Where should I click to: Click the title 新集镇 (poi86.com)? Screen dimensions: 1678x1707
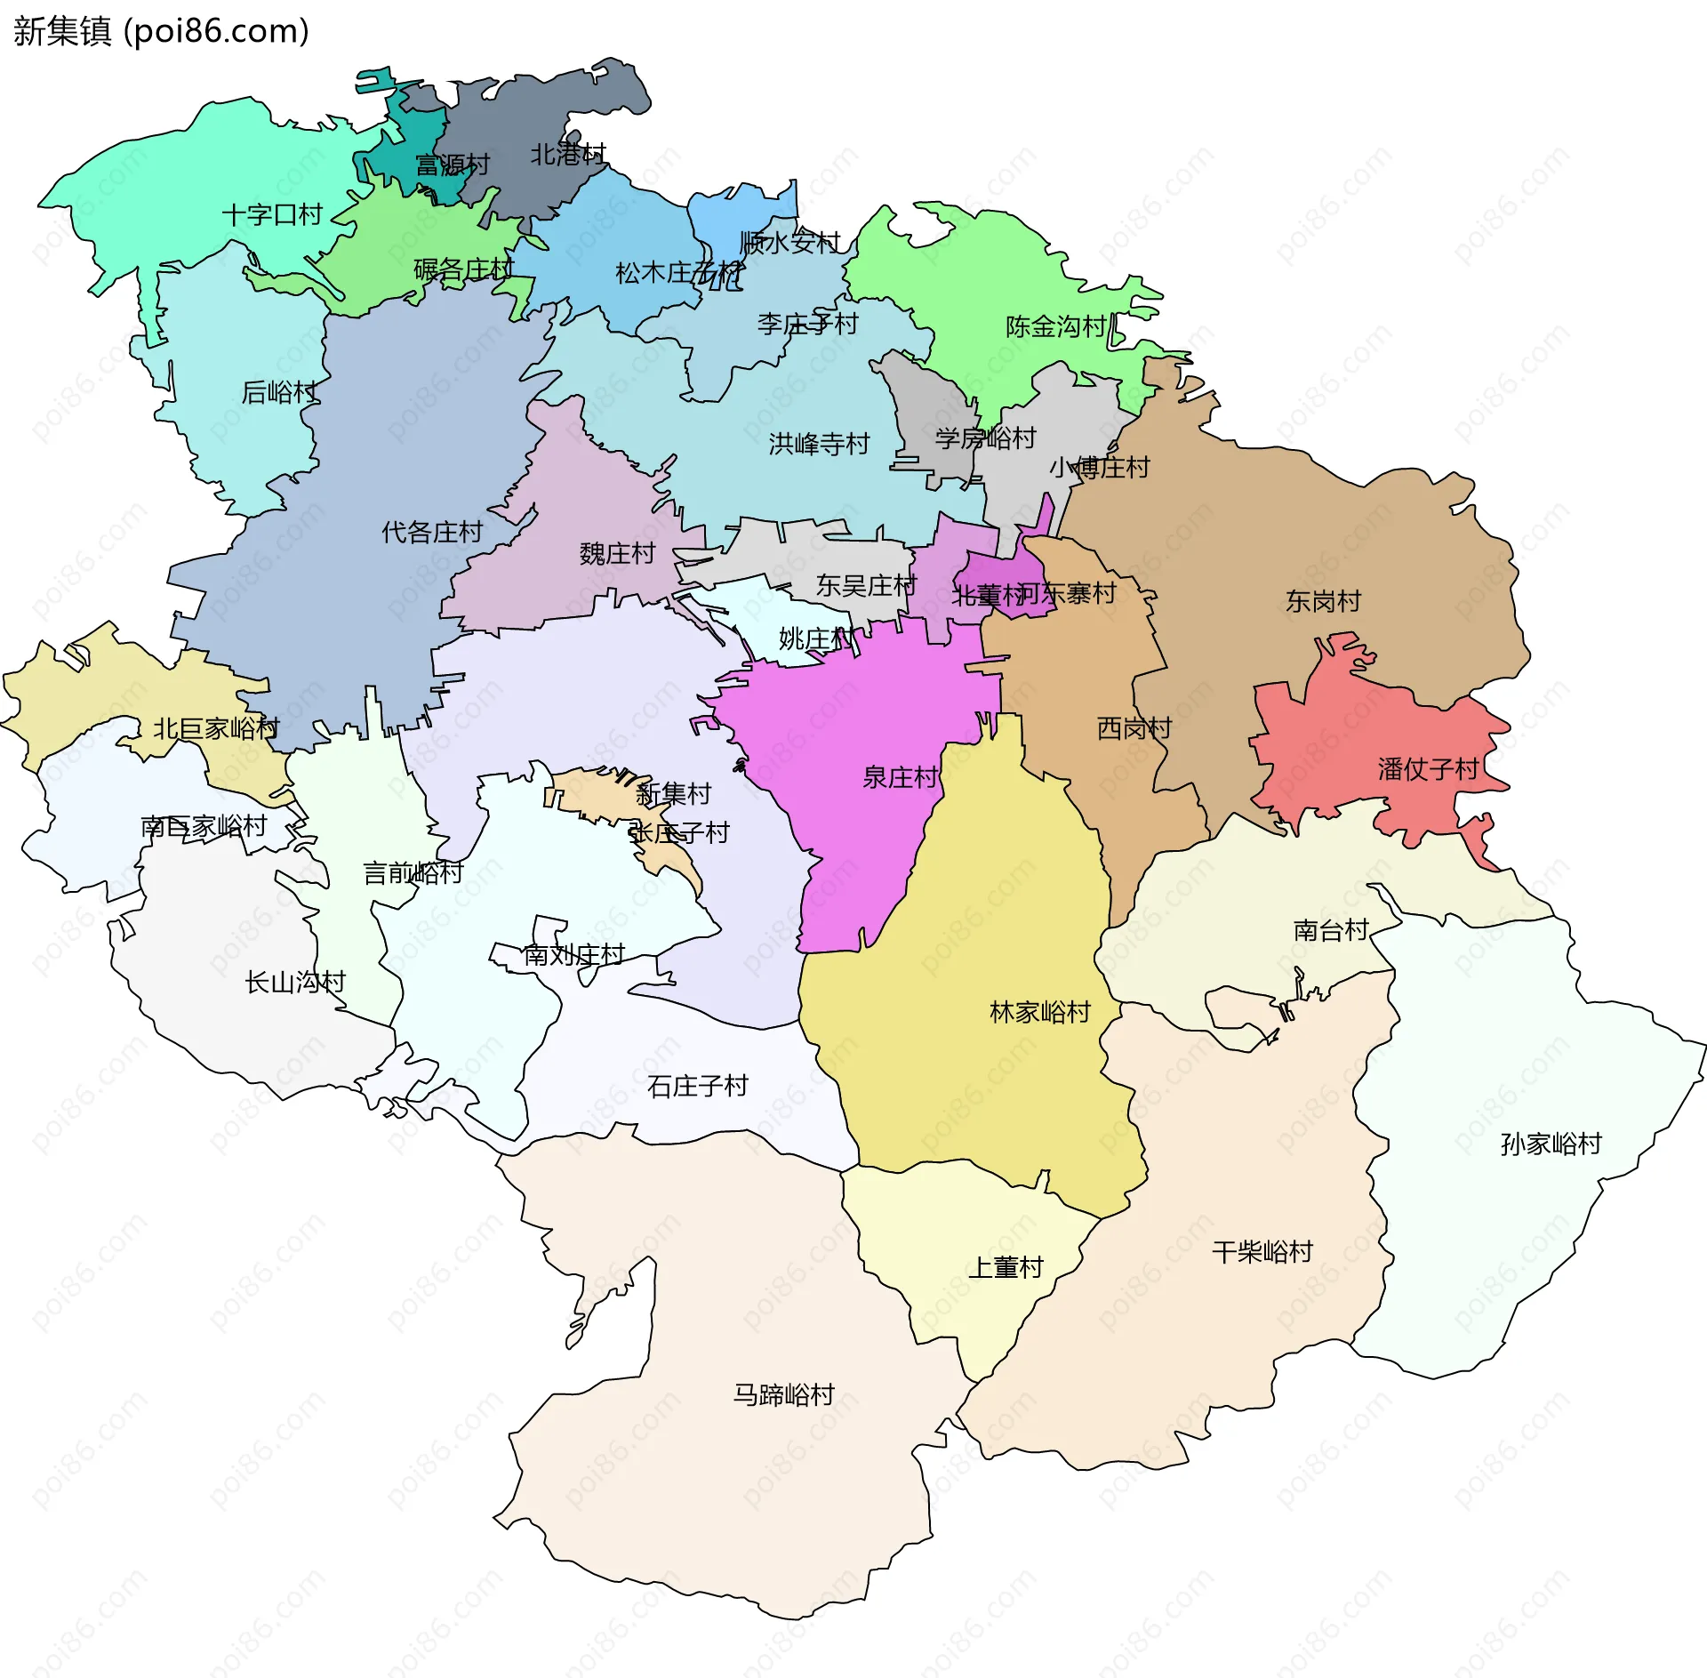pyautogui.click(x=161, y=31)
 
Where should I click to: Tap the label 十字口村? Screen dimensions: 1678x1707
pyautogui.click(x=271, y=215)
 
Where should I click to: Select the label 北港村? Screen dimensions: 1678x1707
pyautogui.click(x=568, y=155)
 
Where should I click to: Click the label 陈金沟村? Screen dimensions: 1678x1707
pyautogui.click(x=1055, y=326)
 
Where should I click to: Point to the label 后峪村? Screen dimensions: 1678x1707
pyautogui.click(x=279, y=392)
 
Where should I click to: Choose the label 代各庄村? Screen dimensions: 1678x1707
pyautogui.click(x=432, y=532)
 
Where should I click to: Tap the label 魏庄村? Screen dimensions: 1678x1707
pyautogui.click(x=617, y=554)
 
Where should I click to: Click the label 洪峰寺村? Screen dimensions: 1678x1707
pyautogui.click(x=819, y=443)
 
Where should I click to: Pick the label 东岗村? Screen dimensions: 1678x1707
pyautogui.click(x=1323, y=601)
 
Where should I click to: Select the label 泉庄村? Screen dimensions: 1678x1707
pyautogui.click(x=900, y=777)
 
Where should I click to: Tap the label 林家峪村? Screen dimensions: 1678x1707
pyautogui.click(x=1039, y=1012)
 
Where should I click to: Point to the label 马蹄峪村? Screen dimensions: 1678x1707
pyautogui.click(x=783, y=1394)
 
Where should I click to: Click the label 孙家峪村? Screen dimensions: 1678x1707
pyautogui.click(x=1551, y=1144)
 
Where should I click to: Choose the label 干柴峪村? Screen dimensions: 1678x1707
pyautogui.click(x=1262, y=1252)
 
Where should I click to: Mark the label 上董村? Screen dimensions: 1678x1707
pyautogui.click(x=1005, y=1267)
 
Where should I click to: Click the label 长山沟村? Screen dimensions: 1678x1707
pyautogui.click(x=295, y=982)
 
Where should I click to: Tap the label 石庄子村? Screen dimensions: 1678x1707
pyautogui.click(x=698, y=1086)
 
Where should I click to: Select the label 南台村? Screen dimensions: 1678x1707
pyautogui.click(x=1330, y=930)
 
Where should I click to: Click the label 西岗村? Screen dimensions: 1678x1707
pyautogui.click(x=1134, y=728)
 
